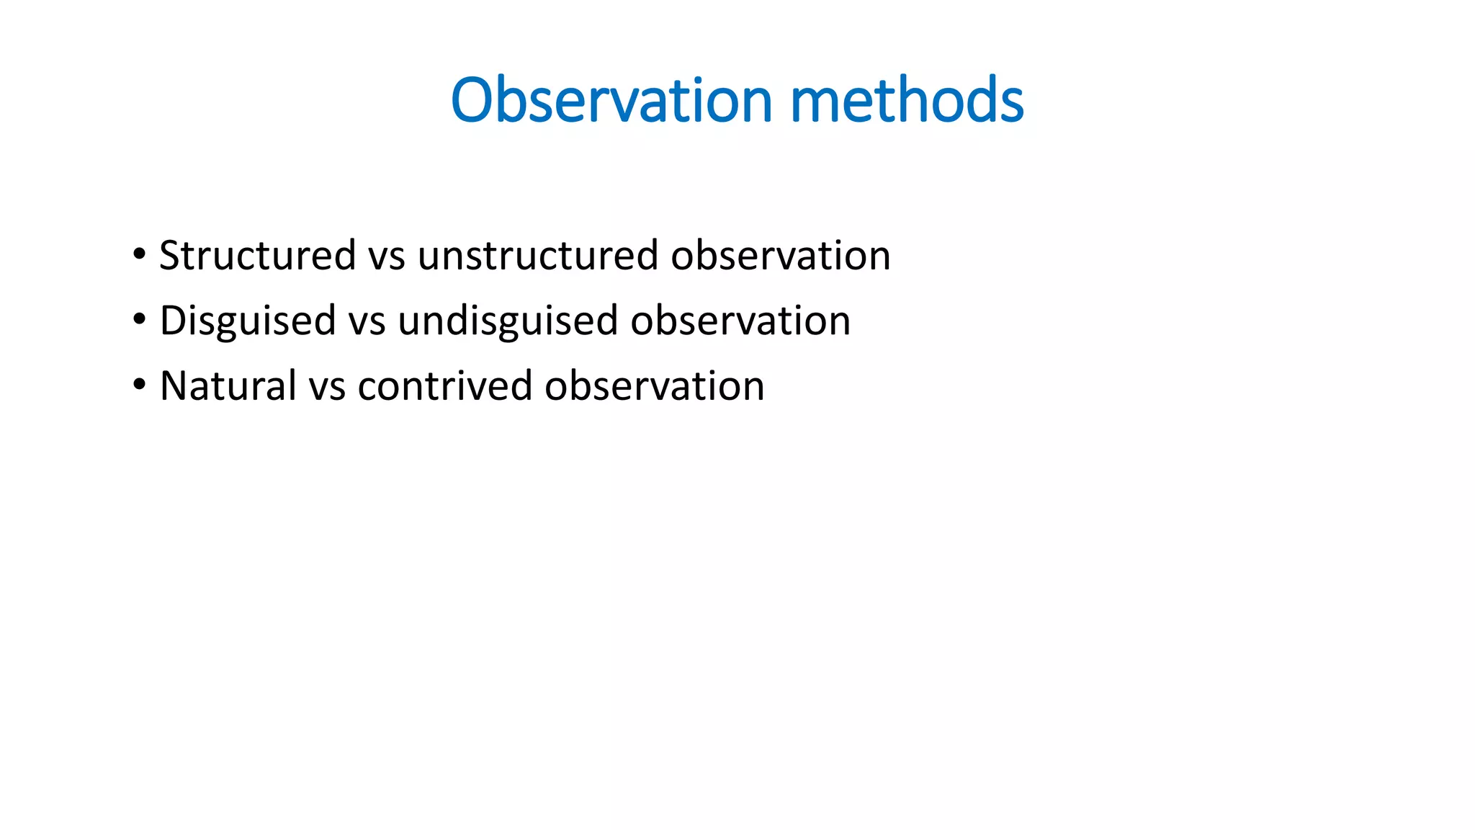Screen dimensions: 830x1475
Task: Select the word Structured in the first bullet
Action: pyautogui.click(x=257, y=256)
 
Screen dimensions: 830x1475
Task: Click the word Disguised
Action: pyautogui.click(x=248, y=321)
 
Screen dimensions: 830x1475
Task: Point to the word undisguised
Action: pyautogui.click(x=508, y=321)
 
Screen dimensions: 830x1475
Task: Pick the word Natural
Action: pyautogui.click(x=228, y=386)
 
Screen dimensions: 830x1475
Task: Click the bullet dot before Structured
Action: pyautogui.click(x=139, y=254)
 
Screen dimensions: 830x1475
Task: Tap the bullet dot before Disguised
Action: pyautogui.click(x=139, y=319)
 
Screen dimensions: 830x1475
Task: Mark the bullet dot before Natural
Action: pyautogui.click(x=139, y=385)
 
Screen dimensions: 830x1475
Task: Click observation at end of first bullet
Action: pyautogui.click(x=781, y=256)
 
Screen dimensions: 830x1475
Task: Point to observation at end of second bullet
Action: pyautogui.click(x=740, y=321)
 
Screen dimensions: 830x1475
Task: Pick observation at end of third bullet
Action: pyautogui.click(x=655, y=386)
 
